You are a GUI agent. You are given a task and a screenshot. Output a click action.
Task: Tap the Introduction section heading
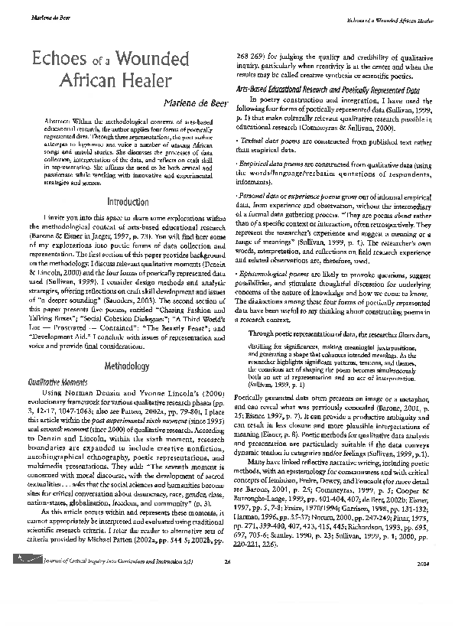pyautogui.click(x=128, y=202)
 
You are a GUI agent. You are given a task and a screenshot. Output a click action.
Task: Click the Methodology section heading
pyautogui.click(x=128, y=345)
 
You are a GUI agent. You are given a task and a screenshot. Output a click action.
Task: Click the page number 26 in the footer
pyautogui.click(x=227, y=627)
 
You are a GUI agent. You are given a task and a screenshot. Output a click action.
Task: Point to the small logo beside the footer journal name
pyautogui.click(x=33, y=626)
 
